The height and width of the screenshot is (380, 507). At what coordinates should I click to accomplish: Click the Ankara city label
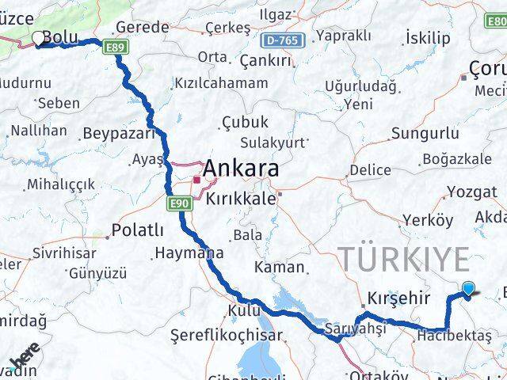click(x=241, y=169)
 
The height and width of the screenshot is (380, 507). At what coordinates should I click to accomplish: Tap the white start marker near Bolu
click(x=37, y=37)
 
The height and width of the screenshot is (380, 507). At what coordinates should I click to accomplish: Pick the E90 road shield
click(x=180, y=204)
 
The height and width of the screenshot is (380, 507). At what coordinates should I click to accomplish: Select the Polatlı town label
click(x=138, y=230)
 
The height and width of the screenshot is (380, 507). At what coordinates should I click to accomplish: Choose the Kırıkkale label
click(x=241, y=199)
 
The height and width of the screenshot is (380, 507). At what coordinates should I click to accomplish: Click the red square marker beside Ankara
click(x=196, y=179)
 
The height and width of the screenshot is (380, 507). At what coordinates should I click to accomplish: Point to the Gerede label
click(x=143, y=28)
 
